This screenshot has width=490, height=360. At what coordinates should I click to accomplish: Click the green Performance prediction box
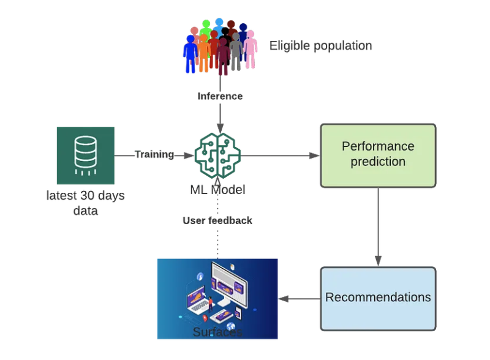(378, 155)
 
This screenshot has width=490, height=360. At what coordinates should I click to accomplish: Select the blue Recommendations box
(378, 298)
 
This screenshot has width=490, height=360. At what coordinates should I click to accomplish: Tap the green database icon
(86, 155)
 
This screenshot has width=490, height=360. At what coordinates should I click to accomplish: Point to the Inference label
(220, 96)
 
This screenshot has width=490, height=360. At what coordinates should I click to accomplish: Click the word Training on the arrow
(154, 154)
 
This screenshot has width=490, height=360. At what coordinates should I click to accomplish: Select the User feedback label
(217, 220)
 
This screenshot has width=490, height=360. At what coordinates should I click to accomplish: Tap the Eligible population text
(320, 46)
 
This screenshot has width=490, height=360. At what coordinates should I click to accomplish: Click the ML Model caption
(217, 190)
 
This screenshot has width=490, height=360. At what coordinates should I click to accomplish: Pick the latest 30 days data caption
(86, 203)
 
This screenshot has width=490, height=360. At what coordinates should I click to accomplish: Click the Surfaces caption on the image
(217, 332)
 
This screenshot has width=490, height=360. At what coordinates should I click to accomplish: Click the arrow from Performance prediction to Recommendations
(378, 227)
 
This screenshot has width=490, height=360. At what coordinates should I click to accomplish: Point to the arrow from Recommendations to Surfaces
(300, 299)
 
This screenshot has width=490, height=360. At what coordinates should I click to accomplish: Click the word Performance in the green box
(378, 146)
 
